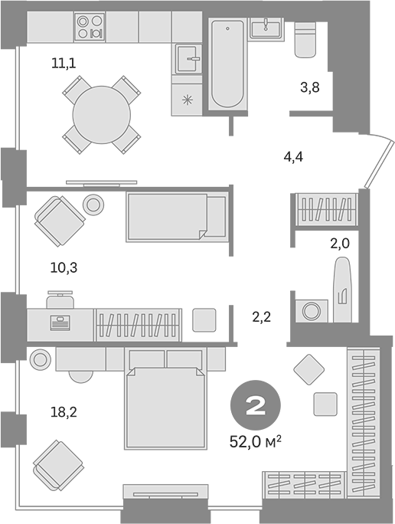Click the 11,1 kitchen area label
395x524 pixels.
pyautogui.click(x=64, y=63)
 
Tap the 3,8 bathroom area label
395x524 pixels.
pyautogui.click(x=310, y=87)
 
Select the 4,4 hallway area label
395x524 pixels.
pyautogui.click(x=293, y=157)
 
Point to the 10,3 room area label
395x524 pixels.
pyautogui.click(x=64, y=267)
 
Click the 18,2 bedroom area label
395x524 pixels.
pyautogui.click(x=64, y=412)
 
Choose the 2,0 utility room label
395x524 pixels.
pyautogui.click(x=340, y=244)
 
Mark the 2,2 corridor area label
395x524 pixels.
pyautogui.click(x=261, y=317)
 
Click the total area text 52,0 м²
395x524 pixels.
pyautogui.click(x=256, y=442)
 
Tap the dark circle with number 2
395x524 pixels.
pyautogui.click(x=256, y=405)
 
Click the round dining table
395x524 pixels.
pyautogui.click(x=102, y=115)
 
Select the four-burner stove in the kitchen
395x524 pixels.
pyautogui.click(x=90, y=26)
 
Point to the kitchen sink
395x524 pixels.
pyautogui.click(x=188, y=59)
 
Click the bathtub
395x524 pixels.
pyautogui.click(x=227, y=64)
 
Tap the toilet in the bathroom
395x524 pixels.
pyautogui.click(x=305, y=39)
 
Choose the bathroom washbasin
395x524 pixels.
pyautogui.click(x=267, y=28)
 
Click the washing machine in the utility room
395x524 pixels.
pyautogui.click(x=312, y=311)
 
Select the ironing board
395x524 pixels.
pyautogui.click(x=343, y=290)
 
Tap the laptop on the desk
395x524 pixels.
pyautogui.click(x=60, y=323)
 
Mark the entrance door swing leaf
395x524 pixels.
pyautogui.click(x=379, y=164)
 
